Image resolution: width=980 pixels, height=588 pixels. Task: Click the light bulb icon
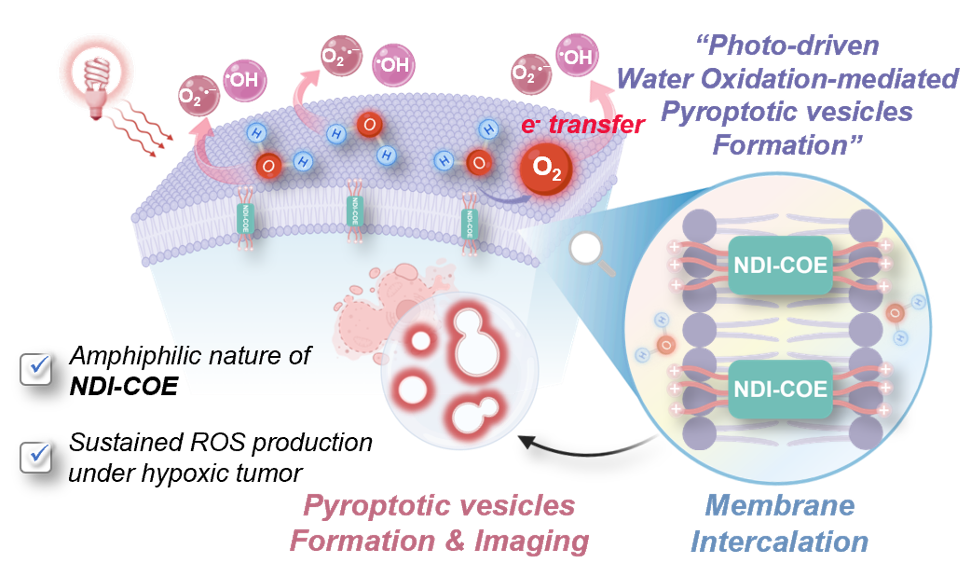pyautogui.click(x=96, y=76)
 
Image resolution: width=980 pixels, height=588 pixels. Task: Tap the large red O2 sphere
pyautogui.click(x=546, y=168)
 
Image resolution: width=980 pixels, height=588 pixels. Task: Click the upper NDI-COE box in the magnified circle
pyautogui.click(x=780, y=265)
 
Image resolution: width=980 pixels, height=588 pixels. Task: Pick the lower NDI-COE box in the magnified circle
pyautogui.click(x=780, y=389)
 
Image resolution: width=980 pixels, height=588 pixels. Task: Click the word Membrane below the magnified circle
pyautogui.click(x=780, y=505)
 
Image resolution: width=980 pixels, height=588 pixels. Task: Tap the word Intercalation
pyautogui.click(x=780, y=542)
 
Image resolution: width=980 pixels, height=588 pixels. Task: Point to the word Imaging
pyautogui.click(x=531, y=541)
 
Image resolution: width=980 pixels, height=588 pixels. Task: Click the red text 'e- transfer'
pyautogui.click(x=583, y=124)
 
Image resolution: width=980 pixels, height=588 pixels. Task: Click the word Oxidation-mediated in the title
pyautogui.click(x=830, y=79)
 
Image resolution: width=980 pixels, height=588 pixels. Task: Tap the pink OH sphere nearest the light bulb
pyautogui.click(x=245, y=80)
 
